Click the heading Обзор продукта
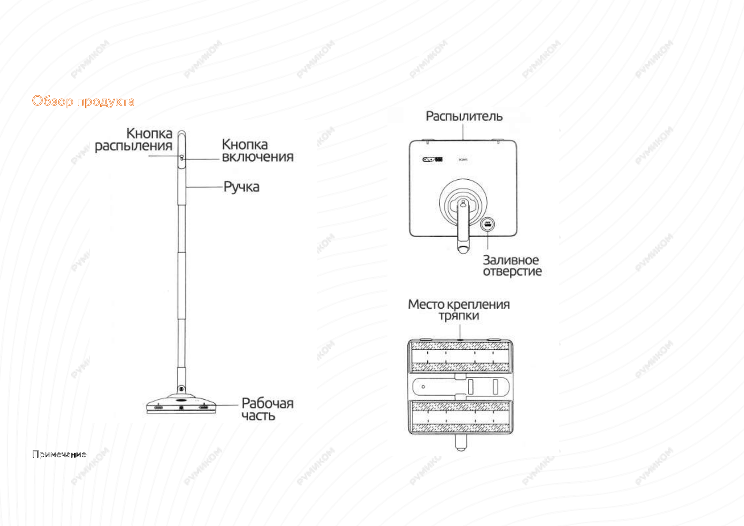(83, 101)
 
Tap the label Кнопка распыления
(133, 140)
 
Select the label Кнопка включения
(257, 151)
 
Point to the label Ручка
(241, 187)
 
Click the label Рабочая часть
(267, 409)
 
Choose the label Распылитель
(464, 116)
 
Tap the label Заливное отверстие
(512, 265)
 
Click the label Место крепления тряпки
(459, 310)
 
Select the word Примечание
(59, 454)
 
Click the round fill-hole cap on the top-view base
(487, 224)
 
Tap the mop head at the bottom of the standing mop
(181, 404)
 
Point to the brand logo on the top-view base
(432, 159)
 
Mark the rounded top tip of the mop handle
(181, 132)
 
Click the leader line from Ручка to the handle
(204, 187)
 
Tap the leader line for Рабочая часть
(227, 405)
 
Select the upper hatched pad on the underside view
(460, 356)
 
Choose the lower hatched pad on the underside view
(460, 417)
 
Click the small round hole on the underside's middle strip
(423, 387)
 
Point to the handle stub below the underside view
(461, 443)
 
